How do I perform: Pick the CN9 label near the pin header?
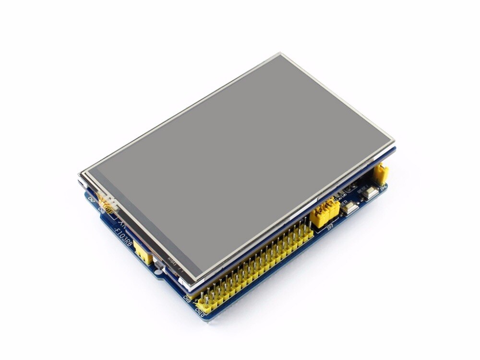(187, 299)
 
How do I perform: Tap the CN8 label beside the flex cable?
(101, 209)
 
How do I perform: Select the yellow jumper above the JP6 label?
(382, 174)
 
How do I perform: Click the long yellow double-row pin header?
(254, 269)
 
